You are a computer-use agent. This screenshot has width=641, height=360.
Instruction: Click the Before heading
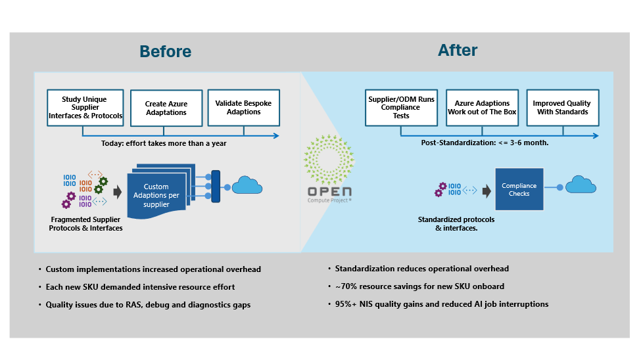coord(165,51)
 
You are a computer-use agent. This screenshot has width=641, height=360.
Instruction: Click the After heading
coord(458,50)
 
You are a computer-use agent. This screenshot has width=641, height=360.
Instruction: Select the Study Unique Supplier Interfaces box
coord(85,108)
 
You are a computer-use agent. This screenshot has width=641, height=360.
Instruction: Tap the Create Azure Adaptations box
coord(166,108)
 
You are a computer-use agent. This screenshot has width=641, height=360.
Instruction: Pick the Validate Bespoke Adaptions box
coord(243,108)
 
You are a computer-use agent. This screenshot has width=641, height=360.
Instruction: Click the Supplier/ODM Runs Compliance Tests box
coord(401,108)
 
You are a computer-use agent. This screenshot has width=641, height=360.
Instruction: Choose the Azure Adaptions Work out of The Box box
coord(482,108)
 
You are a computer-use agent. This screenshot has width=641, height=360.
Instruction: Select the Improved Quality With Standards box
coord(561,108)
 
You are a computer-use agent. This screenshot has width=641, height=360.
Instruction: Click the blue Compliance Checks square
coord(519,189)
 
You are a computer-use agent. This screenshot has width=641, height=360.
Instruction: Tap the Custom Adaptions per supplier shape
coord(156,194)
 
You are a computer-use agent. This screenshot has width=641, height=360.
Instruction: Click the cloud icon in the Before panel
coord(247,186)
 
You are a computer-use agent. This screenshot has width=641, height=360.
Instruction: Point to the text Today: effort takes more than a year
coord(164,143)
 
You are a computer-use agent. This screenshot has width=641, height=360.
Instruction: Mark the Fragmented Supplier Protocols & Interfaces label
coord(85,223)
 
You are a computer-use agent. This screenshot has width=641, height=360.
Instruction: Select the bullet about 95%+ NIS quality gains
coord(441,304)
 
